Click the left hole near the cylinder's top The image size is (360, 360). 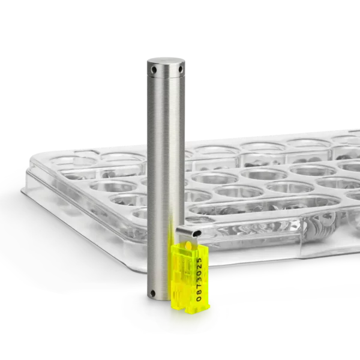point(154,69)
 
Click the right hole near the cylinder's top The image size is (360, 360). point(181,68)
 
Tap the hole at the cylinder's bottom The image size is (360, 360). point(152,293)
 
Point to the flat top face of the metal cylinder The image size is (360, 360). point(166,61)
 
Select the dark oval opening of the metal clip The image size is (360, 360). point(196,233)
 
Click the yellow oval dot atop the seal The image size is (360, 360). point(189,247)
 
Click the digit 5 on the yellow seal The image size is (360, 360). point(199,260)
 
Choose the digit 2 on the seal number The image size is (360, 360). point(199,267)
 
